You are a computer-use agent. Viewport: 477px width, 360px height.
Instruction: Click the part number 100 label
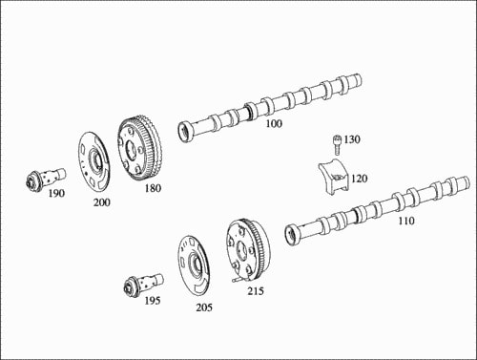tap(274, 123)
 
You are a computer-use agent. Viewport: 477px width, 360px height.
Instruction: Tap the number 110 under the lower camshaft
tap(406, 221)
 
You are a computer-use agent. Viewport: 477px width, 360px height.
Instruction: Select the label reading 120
tap(360, 179)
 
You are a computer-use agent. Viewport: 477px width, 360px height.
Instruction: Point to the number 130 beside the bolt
tap(352, 139)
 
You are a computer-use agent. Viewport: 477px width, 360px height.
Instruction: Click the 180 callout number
tap(153, 188)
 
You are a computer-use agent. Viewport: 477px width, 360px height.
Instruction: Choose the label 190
tap(56, 193)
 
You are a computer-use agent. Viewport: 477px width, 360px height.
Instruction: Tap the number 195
tap(153, 301)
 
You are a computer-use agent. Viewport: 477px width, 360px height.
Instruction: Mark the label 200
tap(102, 202)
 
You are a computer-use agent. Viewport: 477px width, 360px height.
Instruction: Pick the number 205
tap(204, 307)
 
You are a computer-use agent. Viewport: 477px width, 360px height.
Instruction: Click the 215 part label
tap(256, 290)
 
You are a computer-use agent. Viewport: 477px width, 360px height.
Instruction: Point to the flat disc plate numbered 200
tap(94, 163)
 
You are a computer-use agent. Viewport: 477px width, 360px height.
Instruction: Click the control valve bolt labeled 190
tap(45, 179)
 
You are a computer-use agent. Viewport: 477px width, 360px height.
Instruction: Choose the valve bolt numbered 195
tap(143, 285)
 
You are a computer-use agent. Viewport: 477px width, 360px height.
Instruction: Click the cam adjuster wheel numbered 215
tap(247, 251)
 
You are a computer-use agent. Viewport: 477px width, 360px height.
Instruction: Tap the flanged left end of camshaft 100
tap(185, 131)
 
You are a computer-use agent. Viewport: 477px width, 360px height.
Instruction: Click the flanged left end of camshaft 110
tap(293, 234)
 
